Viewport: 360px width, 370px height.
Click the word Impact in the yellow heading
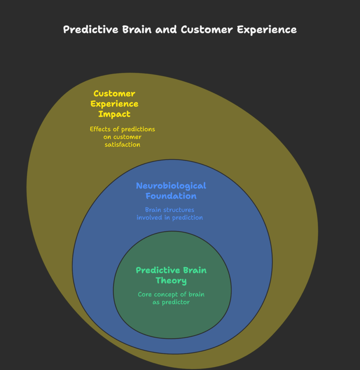pyautogui.click(x=114, y=114)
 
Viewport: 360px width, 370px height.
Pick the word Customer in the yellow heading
pyautogui.click(x=114, y=94)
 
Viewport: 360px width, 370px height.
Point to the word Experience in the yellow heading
pyautogui.click(x=114, y=104)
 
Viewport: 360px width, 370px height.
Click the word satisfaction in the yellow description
pyautogui.click(x=122, y=145)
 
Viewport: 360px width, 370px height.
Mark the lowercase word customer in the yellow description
pyautogui.click(x=127, y=137)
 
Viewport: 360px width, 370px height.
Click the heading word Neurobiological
pyautogui.click(x=171, y=186)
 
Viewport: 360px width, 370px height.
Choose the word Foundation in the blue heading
pyautogui.click(x=171, y=196)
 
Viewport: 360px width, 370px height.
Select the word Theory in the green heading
pyautogui.click(x=171, y=280)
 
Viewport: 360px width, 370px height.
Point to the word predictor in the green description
pyautogui.click(x=176, y=302)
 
